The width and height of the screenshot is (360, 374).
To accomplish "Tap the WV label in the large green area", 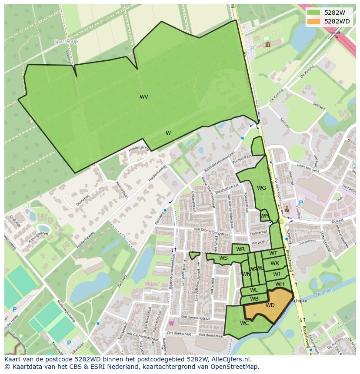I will [x=144, y=97].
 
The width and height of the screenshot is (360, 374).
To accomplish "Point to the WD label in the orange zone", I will [x=270, y=305].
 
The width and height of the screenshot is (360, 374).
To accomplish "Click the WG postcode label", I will [x=261, y=188].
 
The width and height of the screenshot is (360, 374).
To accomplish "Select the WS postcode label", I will [x=223, y=258].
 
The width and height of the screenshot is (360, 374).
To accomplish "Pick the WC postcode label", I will [x=244, y=323].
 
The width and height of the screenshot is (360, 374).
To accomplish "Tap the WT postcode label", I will [x=273, y=253].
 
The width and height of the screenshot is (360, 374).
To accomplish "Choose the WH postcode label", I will [x=280, y=284].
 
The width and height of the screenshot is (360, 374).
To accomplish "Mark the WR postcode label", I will [x=240, y=249].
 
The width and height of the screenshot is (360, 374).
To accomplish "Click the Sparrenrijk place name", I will [x=66, y=41].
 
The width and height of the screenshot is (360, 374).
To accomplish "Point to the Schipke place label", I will [x=300, y=301].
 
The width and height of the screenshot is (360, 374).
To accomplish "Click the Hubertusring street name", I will [x=139, y=150].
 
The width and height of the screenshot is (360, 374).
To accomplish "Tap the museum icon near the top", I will [x=267, y=44].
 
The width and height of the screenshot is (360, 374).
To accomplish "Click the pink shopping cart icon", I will [x=171, y=323].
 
